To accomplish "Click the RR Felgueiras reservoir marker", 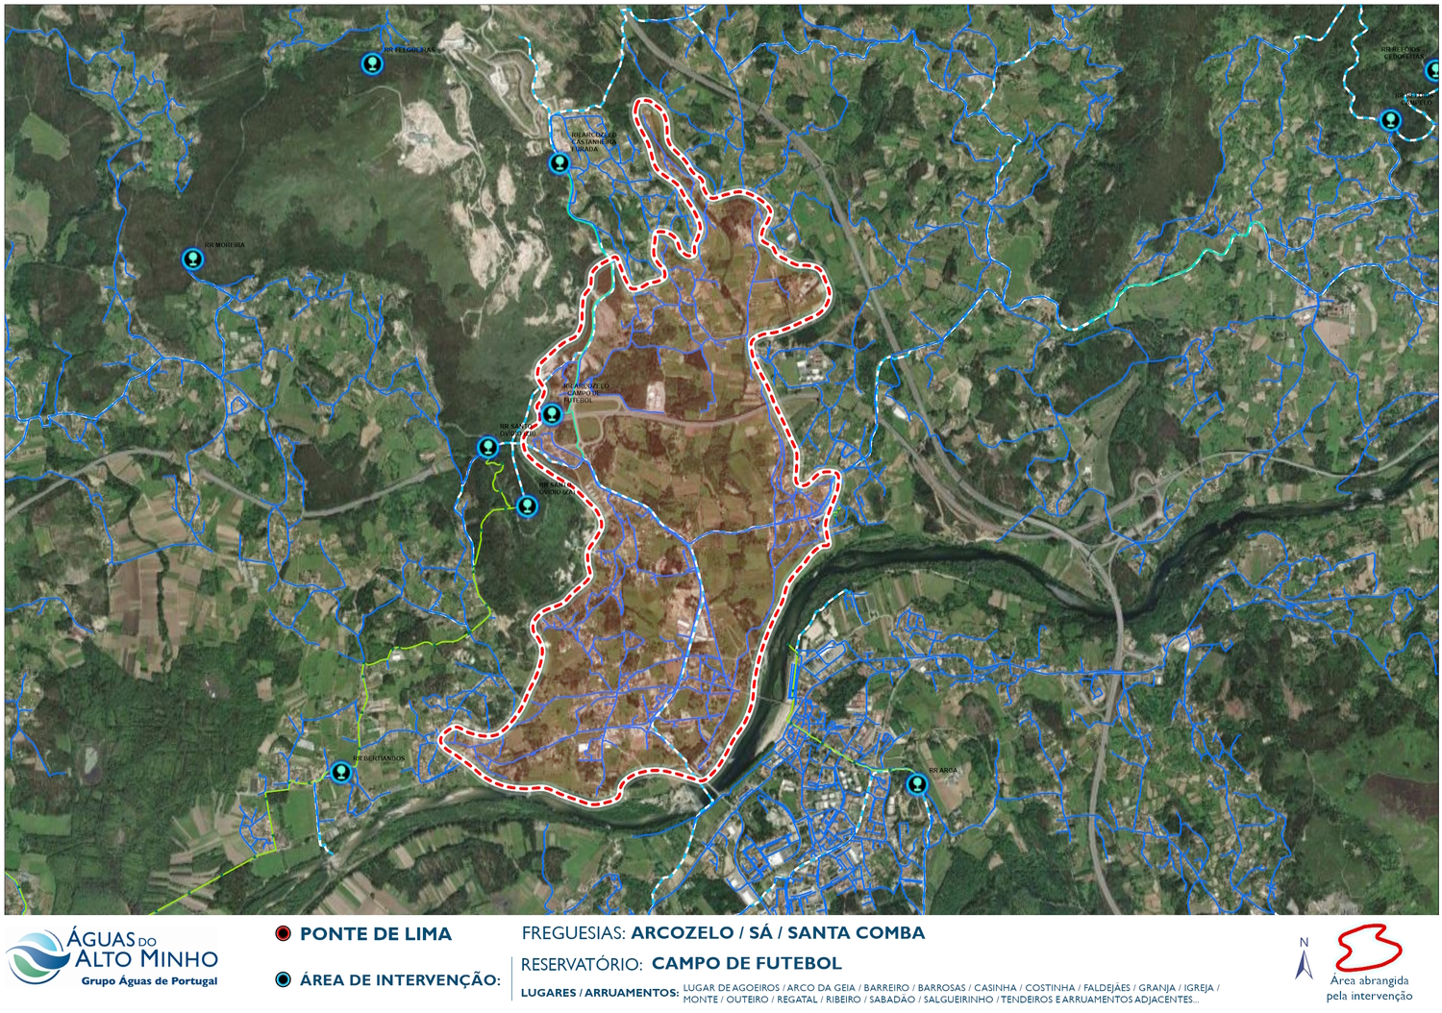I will (372, 64).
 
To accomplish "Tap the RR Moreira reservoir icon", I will (193, 259).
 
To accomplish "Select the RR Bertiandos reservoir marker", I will (340, 772).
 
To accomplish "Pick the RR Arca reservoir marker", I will (917, 784).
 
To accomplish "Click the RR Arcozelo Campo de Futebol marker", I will (551, 415).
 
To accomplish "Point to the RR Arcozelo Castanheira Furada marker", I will (559, 163).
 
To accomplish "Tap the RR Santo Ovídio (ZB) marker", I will (487, 447).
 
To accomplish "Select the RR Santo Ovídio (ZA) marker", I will (527, 506).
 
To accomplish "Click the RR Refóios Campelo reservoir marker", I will (1390, 120).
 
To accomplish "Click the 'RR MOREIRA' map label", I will (224, 245).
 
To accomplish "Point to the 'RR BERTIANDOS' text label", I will (379, 759).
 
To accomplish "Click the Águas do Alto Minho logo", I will (112, 957).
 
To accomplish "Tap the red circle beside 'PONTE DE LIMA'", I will (283, 934).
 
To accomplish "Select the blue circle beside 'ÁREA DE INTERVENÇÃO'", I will (283, 980).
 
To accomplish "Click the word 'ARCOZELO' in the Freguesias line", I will (682, 933).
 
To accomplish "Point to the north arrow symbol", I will (1304, 959).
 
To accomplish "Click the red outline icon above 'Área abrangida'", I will (1368, 949).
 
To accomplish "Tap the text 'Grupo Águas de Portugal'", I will (149, 981).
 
